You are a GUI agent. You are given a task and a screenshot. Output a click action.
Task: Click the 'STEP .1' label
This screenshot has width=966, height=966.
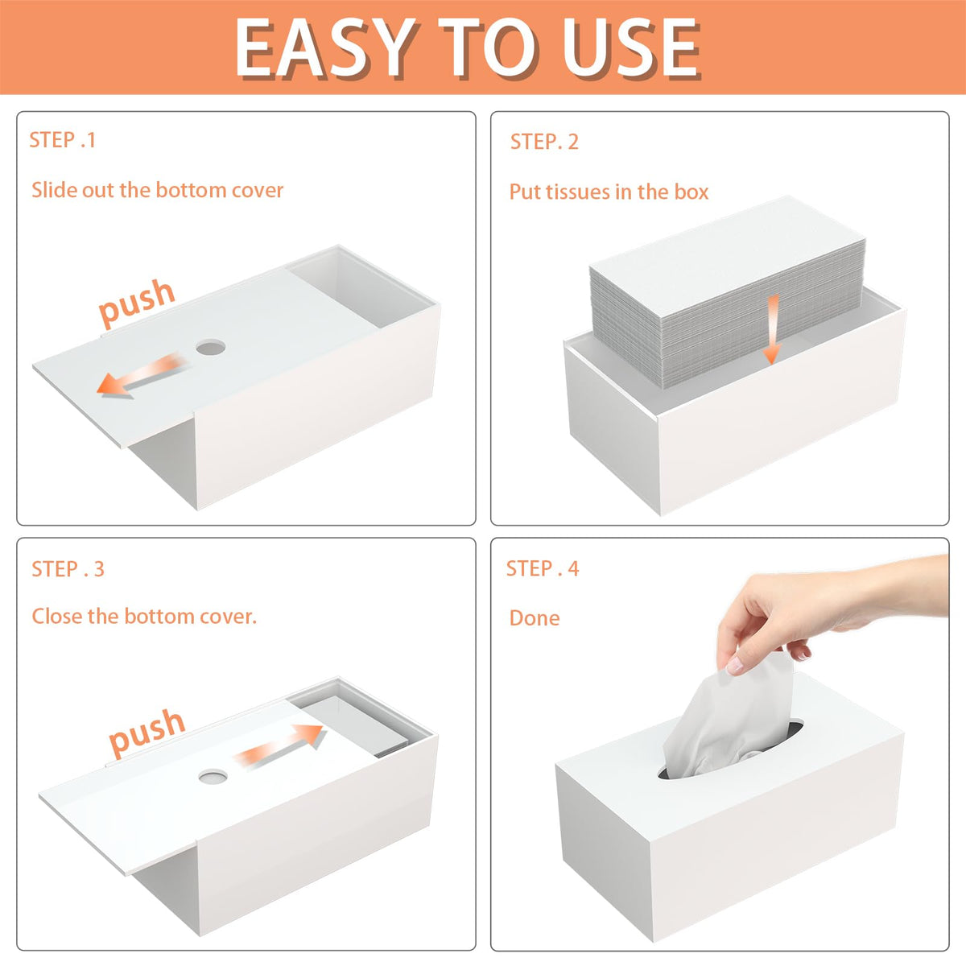click(x=62, y=140)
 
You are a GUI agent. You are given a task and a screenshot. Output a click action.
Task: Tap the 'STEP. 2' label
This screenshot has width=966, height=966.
click(x=544, y=142)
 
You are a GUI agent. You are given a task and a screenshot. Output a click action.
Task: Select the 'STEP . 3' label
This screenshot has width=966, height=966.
click(x=68, y=569)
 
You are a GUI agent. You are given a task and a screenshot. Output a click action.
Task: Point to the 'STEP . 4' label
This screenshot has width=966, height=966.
click(x=543, y=568)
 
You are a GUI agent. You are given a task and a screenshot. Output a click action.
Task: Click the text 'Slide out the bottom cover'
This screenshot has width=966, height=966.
click(x=158, y=190)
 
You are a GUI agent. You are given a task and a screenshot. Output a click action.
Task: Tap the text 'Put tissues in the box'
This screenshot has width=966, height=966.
click(x=609, y=192)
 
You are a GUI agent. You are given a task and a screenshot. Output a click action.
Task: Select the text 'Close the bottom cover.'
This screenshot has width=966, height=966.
click(x=144, y=616)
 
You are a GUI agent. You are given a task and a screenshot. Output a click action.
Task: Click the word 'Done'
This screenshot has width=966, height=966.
click(x=535, y=618)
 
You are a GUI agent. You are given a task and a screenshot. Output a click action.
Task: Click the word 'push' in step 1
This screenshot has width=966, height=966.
click(x=136, y=301)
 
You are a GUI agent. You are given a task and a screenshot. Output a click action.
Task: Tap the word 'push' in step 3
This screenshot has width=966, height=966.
click(x=147, y=732)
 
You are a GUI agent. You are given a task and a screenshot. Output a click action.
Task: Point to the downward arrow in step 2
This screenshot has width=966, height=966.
click(x=773, y=329)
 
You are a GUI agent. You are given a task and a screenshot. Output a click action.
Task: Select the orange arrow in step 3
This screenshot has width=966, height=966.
click(x=279, y=745)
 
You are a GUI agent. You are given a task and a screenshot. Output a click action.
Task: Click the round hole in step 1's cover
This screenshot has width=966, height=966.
click(x=211, y=347)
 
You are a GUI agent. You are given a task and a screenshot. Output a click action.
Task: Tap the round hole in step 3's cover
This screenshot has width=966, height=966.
click(x=213, y=777)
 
